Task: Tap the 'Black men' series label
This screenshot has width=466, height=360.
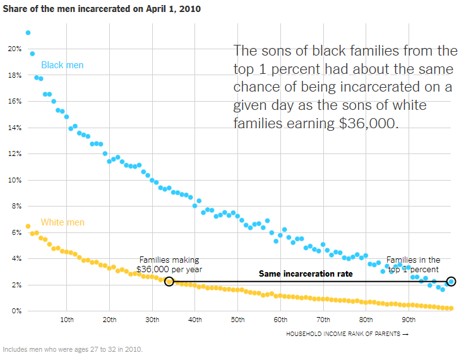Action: (62, 65)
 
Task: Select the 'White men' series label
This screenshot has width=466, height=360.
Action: (62, 222)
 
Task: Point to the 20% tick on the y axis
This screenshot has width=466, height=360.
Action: (14, 49)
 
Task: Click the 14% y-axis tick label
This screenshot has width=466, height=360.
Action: (14, 128)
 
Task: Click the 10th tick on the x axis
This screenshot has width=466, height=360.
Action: (67, 320)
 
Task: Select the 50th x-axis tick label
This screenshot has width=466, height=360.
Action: (237, 320)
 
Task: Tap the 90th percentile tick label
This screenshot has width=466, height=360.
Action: (409, 320)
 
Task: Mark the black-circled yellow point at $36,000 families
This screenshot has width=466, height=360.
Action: (169, 281)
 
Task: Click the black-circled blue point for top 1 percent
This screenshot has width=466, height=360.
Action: (451, 281)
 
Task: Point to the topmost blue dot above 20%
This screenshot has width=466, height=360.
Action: (28, 33)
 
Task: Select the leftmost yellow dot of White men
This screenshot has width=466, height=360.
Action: (28, 226)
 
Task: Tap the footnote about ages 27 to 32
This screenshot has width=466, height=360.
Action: (73, 349)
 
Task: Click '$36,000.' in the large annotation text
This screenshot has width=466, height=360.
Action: (369, 123)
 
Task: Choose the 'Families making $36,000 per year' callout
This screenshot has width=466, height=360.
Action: (169, 264)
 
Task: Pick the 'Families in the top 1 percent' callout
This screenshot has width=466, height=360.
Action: (413, 264)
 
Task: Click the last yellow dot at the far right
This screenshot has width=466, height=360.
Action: (451, 308)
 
